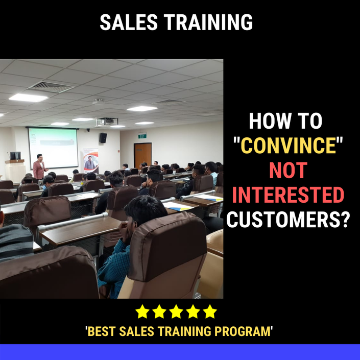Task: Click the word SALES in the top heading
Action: pos(129,22)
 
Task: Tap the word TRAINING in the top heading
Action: pos(208,22)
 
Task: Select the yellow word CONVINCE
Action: pos(288,146)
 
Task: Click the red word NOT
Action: pos(288,170)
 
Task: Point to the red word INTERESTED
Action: pos(288,195)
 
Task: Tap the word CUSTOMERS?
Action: pos(288,220)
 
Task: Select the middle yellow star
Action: pos(176,311)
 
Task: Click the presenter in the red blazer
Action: pos(39,167)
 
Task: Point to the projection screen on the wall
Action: pos(53,148)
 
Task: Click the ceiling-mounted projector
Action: pos(107,122)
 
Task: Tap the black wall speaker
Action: pos(103,138)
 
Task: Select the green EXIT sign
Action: pos(142,136)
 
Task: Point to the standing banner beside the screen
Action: pos(91,161)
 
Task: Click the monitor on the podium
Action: pos(15,156)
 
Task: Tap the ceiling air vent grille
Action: pos(51,87)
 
